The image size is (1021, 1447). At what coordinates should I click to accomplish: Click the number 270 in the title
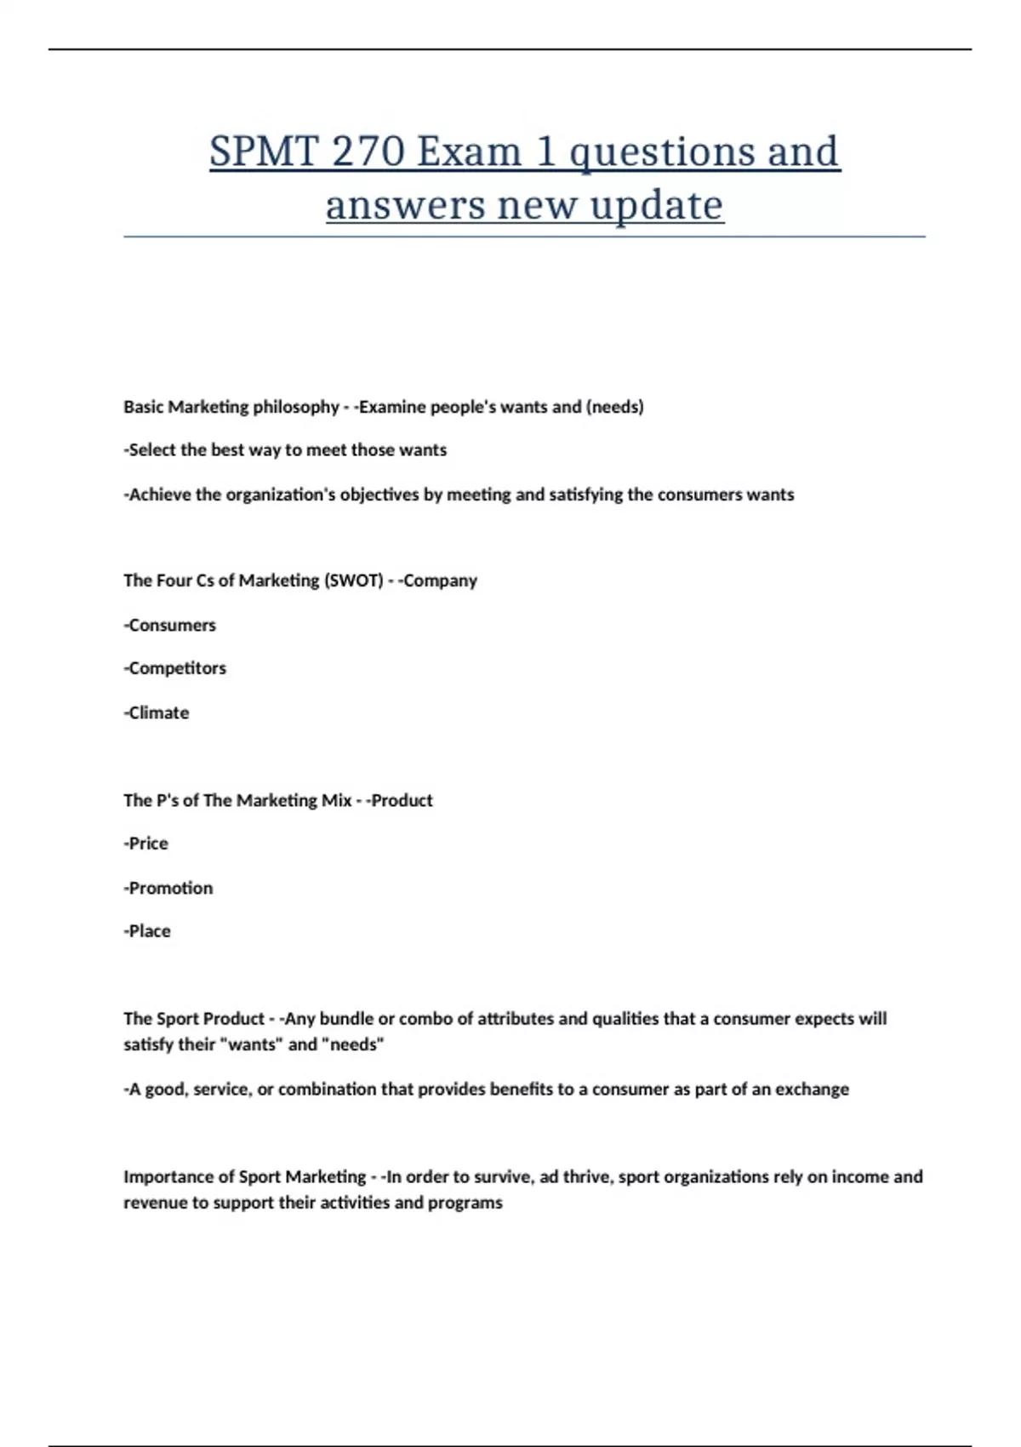pos(368,152)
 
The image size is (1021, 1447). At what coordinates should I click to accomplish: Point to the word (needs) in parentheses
pos(614,407)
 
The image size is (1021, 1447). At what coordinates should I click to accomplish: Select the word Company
pos(440,581)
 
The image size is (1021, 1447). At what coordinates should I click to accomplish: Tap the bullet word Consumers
pos(172,626)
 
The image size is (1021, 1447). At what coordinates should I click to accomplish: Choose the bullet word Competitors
pos(177,668)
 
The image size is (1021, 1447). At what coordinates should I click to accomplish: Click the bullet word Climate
pos(158,713)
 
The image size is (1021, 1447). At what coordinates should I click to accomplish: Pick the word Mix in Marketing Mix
pos(336,800)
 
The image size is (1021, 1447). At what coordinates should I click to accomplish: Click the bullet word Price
pos(148,844)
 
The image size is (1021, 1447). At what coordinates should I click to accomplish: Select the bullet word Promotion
pos(170,888)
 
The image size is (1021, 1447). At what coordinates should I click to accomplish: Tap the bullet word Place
pos(149,931)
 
